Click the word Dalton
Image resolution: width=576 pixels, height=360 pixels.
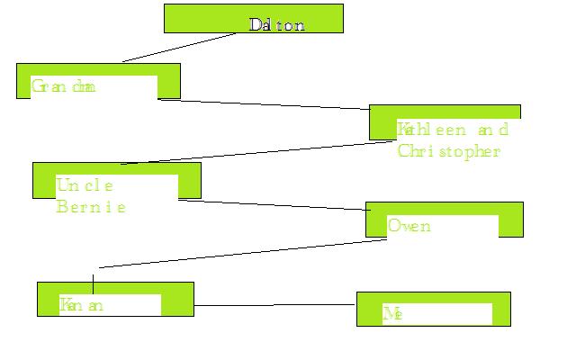(x=277, y=25)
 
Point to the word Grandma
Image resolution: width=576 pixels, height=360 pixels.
(x=63, y=87)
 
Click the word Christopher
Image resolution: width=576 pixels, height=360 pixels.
(x=447, y=151)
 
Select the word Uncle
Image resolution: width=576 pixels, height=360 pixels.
(x=85, y=185)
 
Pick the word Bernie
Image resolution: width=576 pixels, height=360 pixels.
(x=90, y=207)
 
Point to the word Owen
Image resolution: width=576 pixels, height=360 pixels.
(x=409, y=225)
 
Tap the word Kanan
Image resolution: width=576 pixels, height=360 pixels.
(x=83, y=305)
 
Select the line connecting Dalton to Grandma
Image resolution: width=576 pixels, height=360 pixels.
(x=180, y=48)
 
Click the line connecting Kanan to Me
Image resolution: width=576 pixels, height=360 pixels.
(x=274, y=305)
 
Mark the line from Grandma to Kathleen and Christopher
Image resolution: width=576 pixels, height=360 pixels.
(x=264, y=103)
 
